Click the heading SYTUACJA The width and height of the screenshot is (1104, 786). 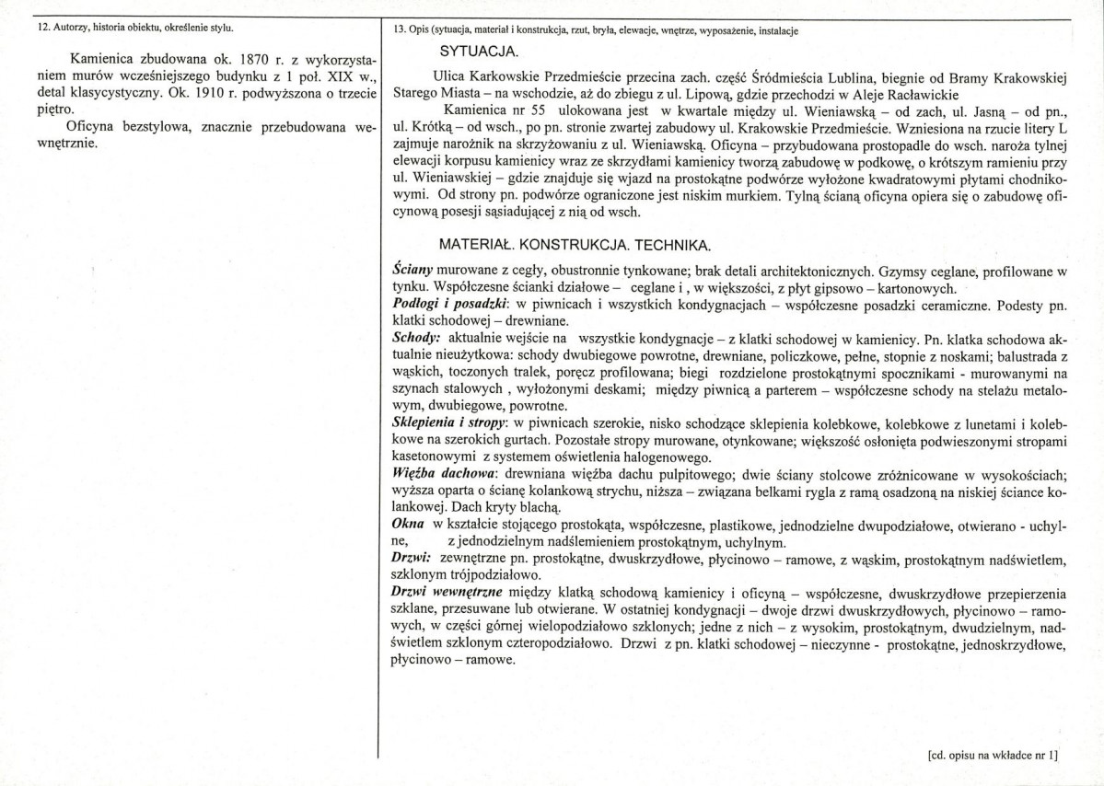[x=479, y=50]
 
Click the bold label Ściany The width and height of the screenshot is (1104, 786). [x=411, y=272]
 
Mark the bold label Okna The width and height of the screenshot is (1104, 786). [x=408, y=523]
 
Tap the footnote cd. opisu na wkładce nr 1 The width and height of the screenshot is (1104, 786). [x=994, y=756]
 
